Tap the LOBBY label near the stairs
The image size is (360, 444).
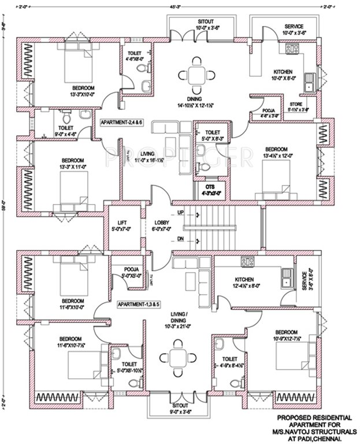[x=161, y=223]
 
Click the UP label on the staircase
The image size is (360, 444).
[x=181, y=213]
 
